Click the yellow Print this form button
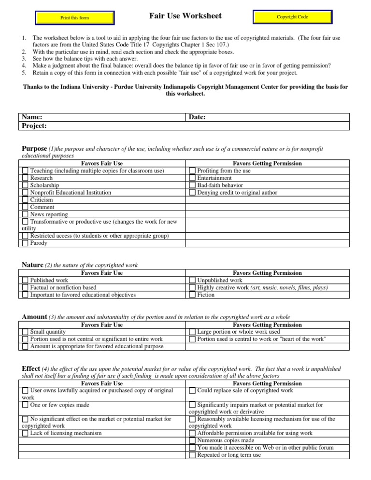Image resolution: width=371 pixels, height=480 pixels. (x=75, y=18)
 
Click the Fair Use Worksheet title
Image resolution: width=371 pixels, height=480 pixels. (x=185, y=16)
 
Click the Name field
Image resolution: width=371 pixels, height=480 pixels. (x=102, y=117)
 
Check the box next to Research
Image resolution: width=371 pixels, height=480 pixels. (x=26, y=178)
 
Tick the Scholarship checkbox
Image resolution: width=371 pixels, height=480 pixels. (x=26, y=185)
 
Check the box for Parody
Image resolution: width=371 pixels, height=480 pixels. (x=26, y=243)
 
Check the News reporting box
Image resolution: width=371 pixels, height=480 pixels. (x=26, y=214)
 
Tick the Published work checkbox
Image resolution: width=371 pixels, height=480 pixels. (x=26, y=281)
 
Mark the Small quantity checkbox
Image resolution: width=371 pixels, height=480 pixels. (x=26, y=332)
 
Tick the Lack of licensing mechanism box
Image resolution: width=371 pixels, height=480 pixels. (x=26, y=434)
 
